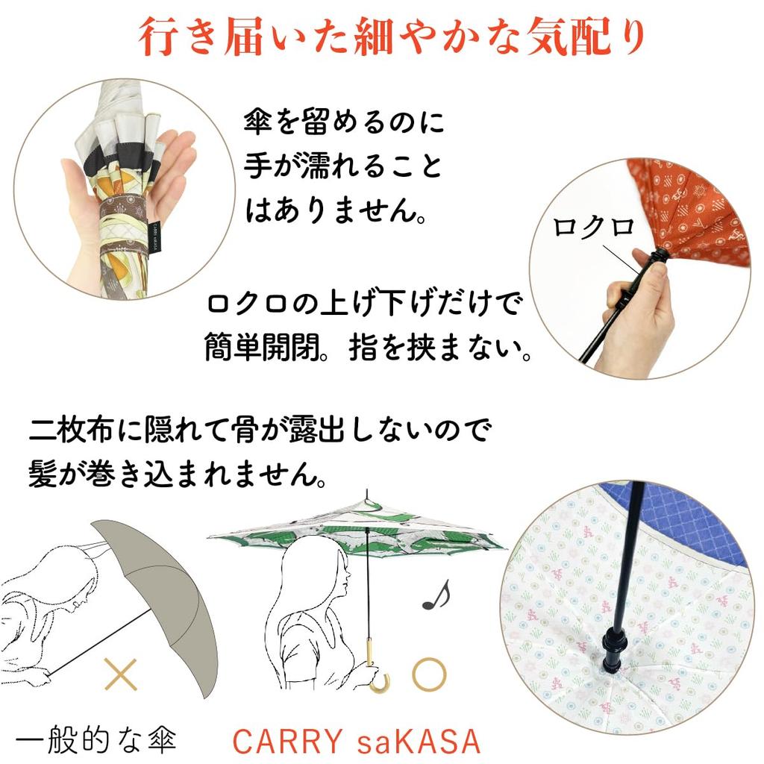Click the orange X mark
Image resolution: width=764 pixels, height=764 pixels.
(121, 674)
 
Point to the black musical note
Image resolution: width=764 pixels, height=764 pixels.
(436, 595)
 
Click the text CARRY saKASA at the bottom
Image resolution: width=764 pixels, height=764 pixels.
(355, 741)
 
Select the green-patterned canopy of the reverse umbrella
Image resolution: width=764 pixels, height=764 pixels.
(358, 526)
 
